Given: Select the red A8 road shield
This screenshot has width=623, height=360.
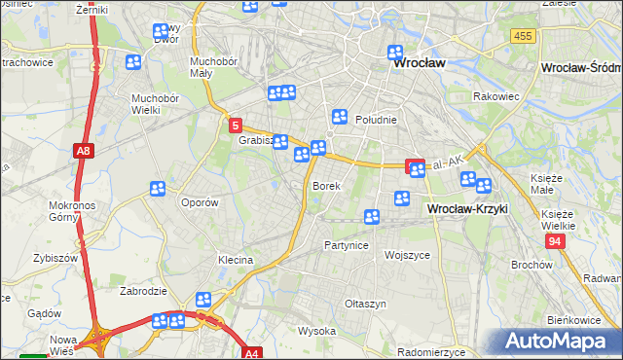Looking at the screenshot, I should click(85, 151).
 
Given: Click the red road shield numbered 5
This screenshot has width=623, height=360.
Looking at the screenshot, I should click(235, 126).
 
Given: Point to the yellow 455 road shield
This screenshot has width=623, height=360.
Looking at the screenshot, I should click(523, 36).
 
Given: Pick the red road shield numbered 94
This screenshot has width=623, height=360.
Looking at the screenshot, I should click(555, 240).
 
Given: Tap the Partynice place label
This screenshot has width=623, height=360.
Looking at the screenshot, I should click(346, 245).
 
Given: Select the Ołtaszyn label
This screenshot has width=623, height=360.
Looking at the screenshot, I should click(365, 304).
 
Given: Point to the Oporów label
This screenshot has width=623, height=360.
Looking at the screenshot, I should click(200, 202).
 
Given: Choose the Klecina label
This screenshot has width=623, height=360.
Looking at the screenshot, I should click(236, 260).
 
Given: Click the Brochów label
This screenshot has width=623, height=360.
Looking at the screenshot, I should click(531, 265).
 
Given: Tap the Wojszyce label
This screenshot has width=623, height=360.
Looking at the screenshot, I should click(407, 255).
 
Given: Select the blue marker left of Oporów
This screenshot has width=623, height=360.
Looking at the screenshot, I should click(158, 189).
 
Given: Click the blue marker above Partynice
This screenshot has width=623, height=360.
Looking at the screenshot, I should click(371, 217).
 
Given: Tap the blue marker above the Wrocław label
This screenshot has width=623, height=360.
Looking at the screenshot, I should click(395, 53).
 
